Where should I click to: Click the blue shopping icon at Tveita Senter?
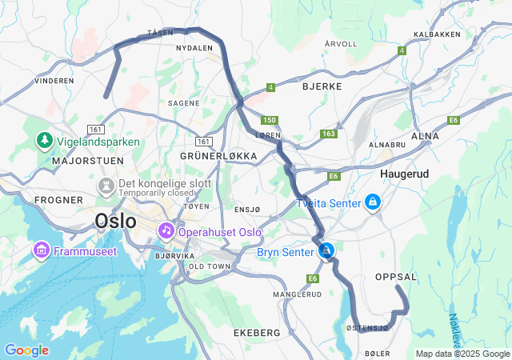click(371, 203)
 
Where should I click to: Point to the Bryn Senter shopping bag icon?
click(326, 251)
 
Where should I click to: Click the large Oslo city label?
click(115, 220)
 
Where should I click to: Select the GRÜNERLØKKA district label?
click(219, 155)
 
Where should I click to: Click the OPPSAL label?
click(396, 276)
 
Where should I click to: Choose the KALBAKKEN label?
click(437, 34)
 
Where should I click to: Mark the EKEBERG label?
click(257, 332)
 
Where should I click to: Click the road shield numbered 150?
click(270, 120)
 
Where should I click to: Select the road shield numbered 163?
click(328, 134)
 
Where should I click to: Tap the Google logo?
click(26, 350)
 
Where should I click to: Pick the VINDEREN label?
click(54, 80)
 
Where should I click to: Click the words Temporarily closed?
click(156, 194)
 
